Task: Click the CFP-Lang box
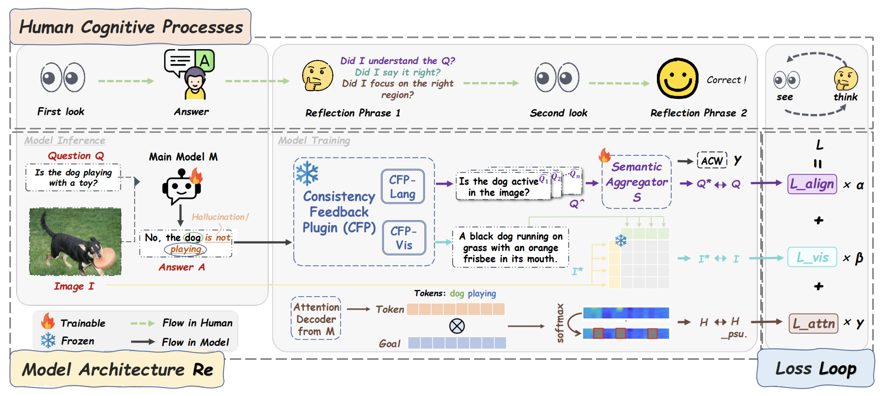pyautogui.click(x=403, y=186)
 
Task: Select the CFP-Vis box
pyautogui.click(x=404, y=238)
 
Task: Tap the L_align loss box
pyautogui.click(x=812, y=184)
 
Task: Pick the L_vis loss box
pyautogui.click(x=812, y=257)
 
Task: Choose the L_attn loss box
pyautogui.click(x=813, y=323)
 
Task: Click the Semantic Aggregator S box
pyautogui.click(x=637, y=182)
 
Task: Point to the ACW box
pyautogui.click(x=712, y=160)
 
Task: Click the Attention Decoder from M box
pyautogui.click(x=316, y=319)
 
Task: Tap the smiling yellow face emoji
pyautogui.click(x=677, y=79)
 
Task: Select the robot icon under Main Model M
pyautogui.click(x=181, y=187)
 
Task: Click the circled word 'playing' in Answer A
pyautogui.click(x=186, y=249)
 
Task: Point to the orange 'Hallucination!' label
pyautogui.click(x=220, y=217)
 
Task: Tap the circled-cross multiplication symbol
pyautogui.click(x=457, y=326)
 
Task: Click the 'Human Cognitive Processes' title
pyautogui.click(x=131, y=27)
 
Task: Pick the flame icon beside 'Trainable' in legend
pyautogui.click(x=48, y=321)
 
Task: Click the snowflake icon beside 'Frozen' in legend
pyautogui.click(x=48, y=340)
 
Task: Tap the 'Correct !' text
pyautogui.click(x=726, y=80)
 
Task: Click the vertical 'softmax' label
pyautogui.click(x=560, y=323)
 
